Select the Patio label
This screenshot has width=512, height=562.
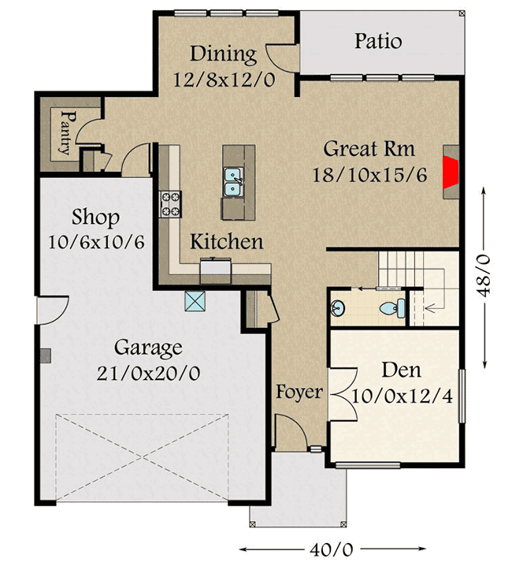coord(377,41)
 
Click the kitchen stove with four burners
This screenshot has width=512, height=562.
coord(171,204)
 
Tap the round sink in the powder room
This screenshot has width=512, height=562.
coord(339,307)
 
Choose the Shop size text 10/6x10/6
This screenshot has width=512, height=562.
coord(96,241)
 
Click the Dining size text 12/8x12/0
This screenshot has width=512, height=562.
coord(224,80)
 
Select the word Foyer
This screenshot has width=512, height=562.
coord(299,392)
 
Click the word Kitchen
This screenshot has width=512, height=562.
coord(226,241)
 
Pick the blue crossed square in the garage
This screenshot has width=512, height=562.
coord(195,300)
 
